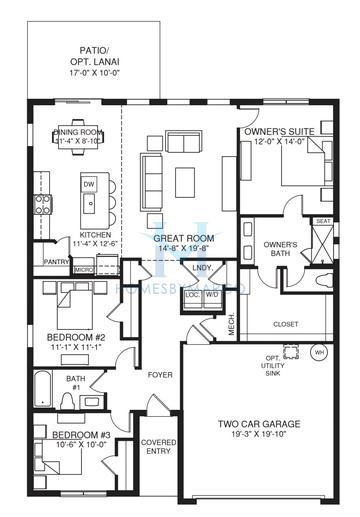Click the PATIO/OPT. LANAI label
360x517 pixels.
(x=94, y=59)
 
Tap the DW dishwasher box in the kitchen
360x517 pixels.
(x=89, y=185)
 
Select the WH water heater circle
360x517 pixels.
(x=319, y=352)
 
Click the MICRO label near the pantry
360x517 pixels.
(x=84, y=269)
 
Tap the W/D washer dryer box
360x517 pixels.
(x=212, y=295)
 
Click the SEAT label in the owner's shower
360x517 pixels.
(x=323, y=221)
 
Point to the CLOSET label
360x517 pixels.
(x=285, y=323)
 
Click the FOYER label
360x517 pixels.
(x=160, y=376)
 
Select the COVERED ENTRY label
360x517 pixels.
(x=159, y=447)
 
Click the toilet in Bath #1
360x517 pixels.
(x=66, y=400)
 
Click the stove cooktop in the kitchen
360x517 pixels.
(x=43, y=206)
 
